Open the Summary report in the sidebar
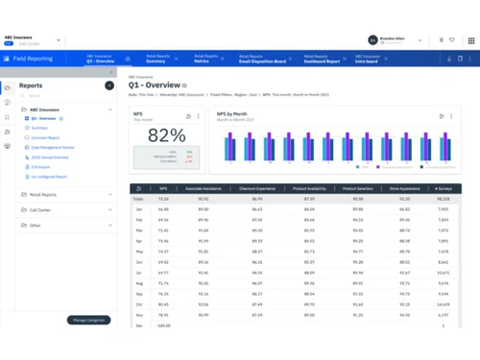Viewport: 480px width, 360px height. [39, 128]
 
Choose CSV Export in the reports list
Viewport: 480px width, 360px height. [41, 167]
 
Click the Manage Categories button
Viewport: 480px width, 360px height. [89, 320]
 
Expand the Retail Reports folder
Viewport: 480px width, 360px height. [42, 195]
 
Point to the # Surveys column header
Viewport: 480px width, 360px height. [443, 189]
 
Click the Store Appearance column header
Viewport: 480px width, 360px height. [407, 189]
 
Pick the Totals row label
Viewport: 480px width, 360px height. [139, 199]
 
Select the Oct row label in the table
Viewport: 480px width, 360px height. [138, 304]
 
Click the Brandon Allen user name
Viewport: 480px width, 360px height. [392, 37]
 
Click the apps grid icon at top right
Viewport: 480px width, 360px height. [471, 40]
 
